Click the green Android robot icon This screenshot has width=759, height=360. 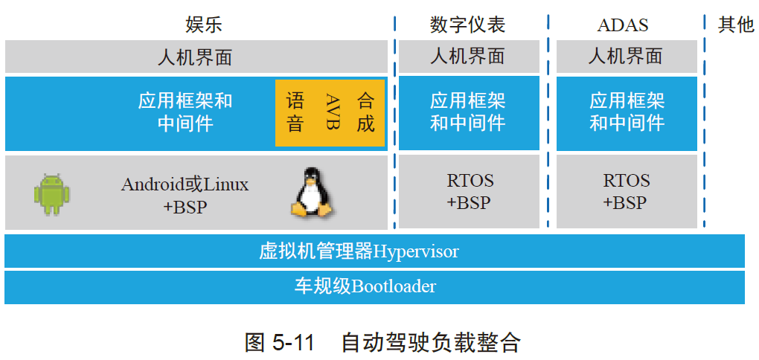point(51,194)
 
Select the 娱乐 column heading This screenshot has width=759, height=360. point(204,25)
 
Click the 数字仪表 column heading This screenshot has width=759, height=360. point(468,25)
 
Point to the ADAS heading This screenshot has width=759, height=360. point(623,25)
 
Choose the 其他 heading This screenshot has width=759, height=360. point(735,25)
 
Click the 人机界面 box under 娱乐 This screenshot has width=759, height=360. point(196,57)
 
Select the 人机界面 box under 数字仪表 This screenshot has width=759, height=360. point(468,57)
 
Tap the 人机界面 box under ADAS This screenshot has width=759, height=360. point(626,57)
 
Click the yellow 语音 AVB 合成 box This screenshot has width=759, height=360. point(330,112)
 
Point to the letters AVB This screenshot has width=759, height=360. point(332,112)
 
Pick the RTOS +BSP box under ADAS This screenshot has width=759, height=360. point(626,191)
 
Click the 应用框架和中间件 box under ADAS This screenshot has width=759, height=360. point(627,112)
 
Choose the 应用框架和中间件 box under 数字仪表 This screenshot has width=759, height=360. point(468,112)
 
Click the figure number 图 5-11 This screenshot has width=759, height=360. point(280,342)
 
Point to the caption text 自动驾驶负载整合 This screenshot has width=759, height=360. point(430,342)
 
